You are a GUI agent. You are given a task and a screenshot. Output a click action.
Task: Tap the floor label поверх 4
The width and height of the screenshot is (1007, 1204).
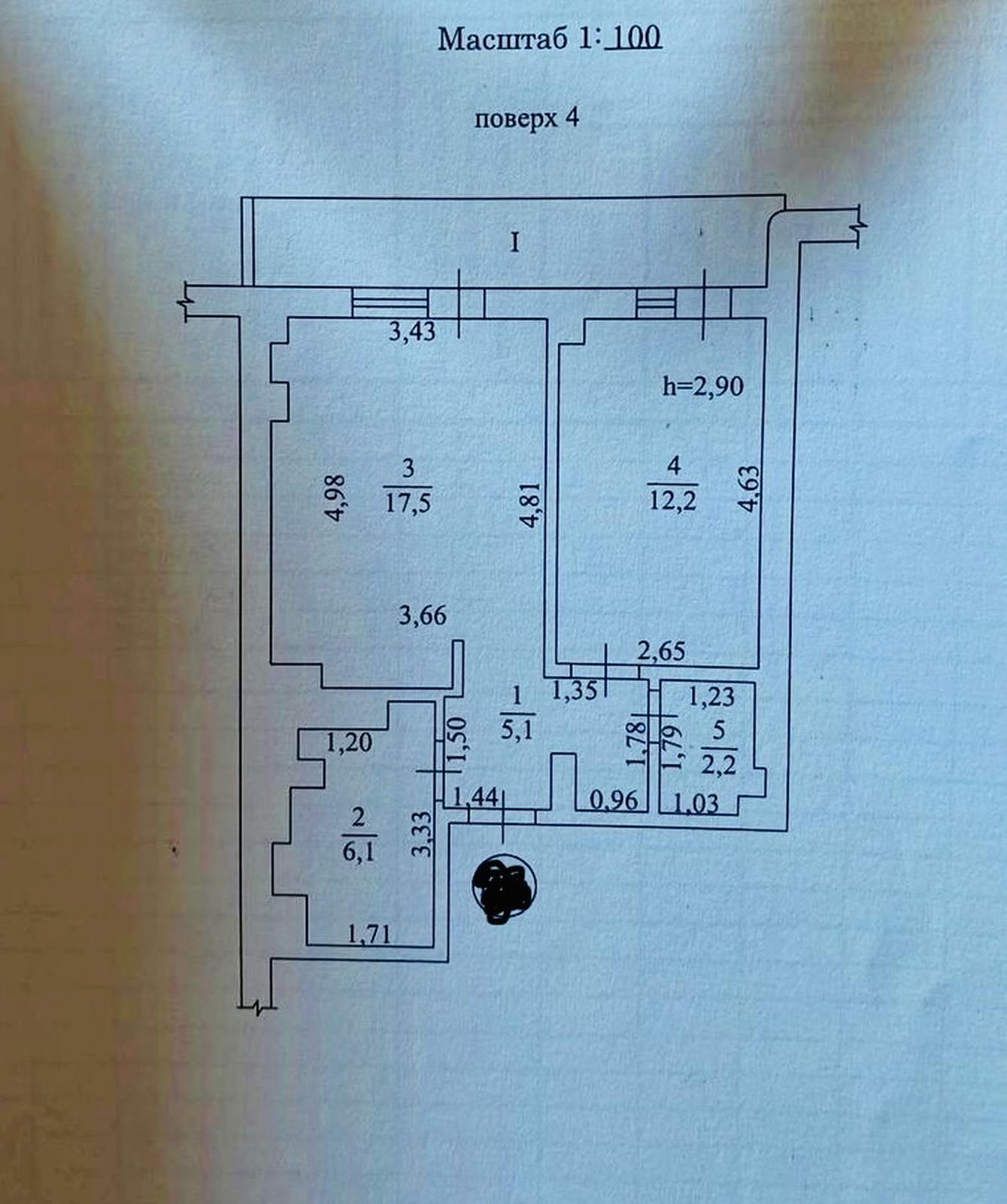pyautogui.click(x=526, y=118)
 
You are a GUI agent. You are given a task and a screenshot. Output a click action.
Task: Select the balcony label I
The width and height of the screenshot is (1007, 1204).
pyautogui.click(x=515, y=242)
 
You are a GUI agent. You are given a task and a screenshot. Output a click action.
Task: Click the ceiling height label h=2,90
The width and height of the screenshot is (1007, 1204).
pyautogui.click(x=703, y=386)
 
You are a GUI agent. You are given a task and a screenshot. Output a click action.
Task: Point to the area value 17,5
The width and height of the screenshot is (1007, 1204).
pyautogui.click(x=408, y=501)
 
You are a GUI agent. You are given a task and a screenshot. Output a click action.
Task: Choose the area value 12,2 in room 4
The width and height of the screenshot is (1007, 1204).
pyautogui.click(x=673, y=498)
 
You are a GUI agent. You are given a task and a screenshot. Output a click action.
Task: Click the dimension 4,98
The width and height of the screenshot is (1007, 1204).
pyautogui.click(x=335, y=498)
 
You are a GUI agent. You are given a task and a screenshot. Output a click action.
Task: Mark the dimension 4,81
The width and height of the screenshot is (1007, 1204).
pyautogui.click(x=531, y=504)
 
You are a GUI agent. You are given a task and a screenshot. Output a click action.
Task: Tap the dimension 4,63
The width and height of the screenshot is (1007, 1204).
pyautogui.click(x=749, y=490)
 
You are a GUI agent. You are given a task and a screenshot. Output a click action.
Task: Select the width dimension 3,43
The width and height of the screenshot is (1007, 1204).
pyautogui.click(x=412, y=331)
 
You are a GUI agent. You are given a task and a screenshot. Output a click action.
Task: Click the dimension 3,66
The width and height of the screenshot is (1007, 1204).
pyautogui.click(x=423, y=616)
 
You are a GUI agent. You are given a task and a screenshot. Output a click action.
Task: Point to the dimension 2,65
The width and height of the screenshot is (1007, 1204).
pyautogui.click(x=661, y=651)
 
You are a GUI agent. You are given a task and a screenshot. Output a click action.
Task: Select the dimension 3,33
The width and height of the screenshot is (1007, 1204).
pyautogui.click(x=423, y=833)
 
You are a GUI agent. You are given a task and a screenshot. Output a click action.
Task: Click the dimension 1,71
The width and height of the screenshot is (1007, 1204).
pyautogui.click(x=369, y=935)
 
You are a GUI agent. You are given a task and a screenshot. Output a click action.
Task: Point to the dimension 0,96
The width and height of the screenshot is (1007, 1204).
pyautogui.click(x=613, y=800)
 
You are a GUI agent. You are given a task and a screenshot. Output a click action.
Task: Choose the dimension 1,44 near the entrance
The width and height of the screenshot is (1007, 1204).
pyautogui.click(x=476, y=795)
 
